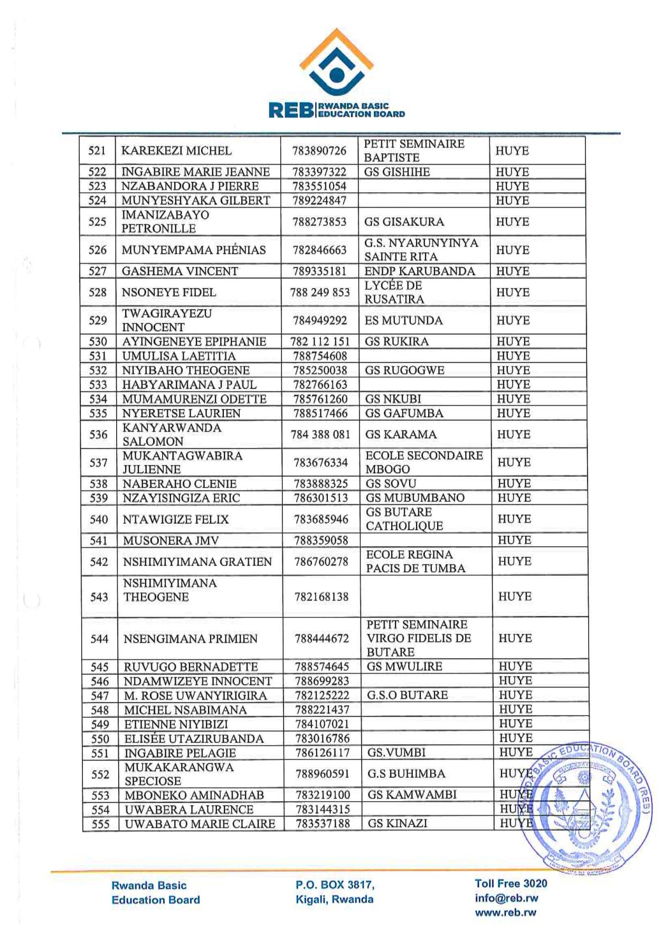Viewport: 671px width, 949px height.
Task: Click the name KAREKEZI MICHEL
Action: [176, 151]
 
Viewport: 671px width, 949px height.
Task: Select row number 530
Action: [98, 342]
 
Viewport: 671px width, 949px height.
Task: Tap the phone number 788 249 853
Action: [320, 293]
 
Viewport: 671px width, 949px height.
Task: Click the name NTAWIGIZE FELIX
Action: [176, 520]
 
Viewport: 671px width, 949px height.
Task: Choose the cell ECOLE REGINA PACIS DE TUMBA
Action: [415, 561]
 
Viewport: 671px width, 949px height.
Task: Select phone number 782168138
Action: [322, 597]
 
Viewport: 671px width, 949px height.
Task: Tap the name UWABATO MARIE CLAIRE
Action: [200, 824]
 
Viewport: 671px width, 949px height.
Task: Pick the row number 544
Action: [99, 639]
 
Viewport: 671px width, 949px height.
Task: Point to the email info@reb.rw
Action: [506, 898]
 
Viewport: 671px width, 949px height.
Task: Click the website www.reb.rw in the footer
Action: [505, 912]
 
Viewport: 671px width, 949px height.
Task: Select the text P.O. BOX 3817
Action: [335, 885]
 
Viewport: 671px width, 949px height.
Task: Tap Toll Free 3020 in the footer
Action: [511, 884]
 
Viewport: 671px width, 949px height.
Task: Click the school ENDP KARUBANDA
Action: [420, 271]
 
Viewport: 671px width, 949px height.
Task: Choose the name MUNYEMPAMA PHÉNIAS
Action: [194, 250]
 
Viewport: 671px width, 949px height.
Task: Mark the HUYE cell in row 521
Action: [512, 151]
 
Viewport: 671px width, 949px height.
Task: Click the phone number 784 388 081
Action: [320, 435]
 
